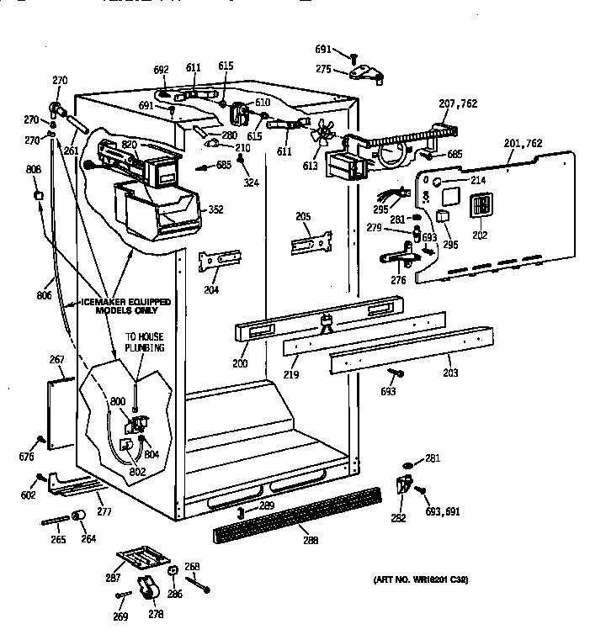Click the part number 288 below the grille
tap(311, 540)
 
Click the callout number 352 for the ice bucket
tap(215, 209)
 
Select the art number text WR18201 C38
tap(421, 579)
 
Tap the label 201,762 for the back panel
tap(524, 145)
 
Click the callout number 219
tap(291, 373)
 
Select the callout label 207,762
tap(458, 104)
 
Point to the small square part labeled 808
tap(37, 196)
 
